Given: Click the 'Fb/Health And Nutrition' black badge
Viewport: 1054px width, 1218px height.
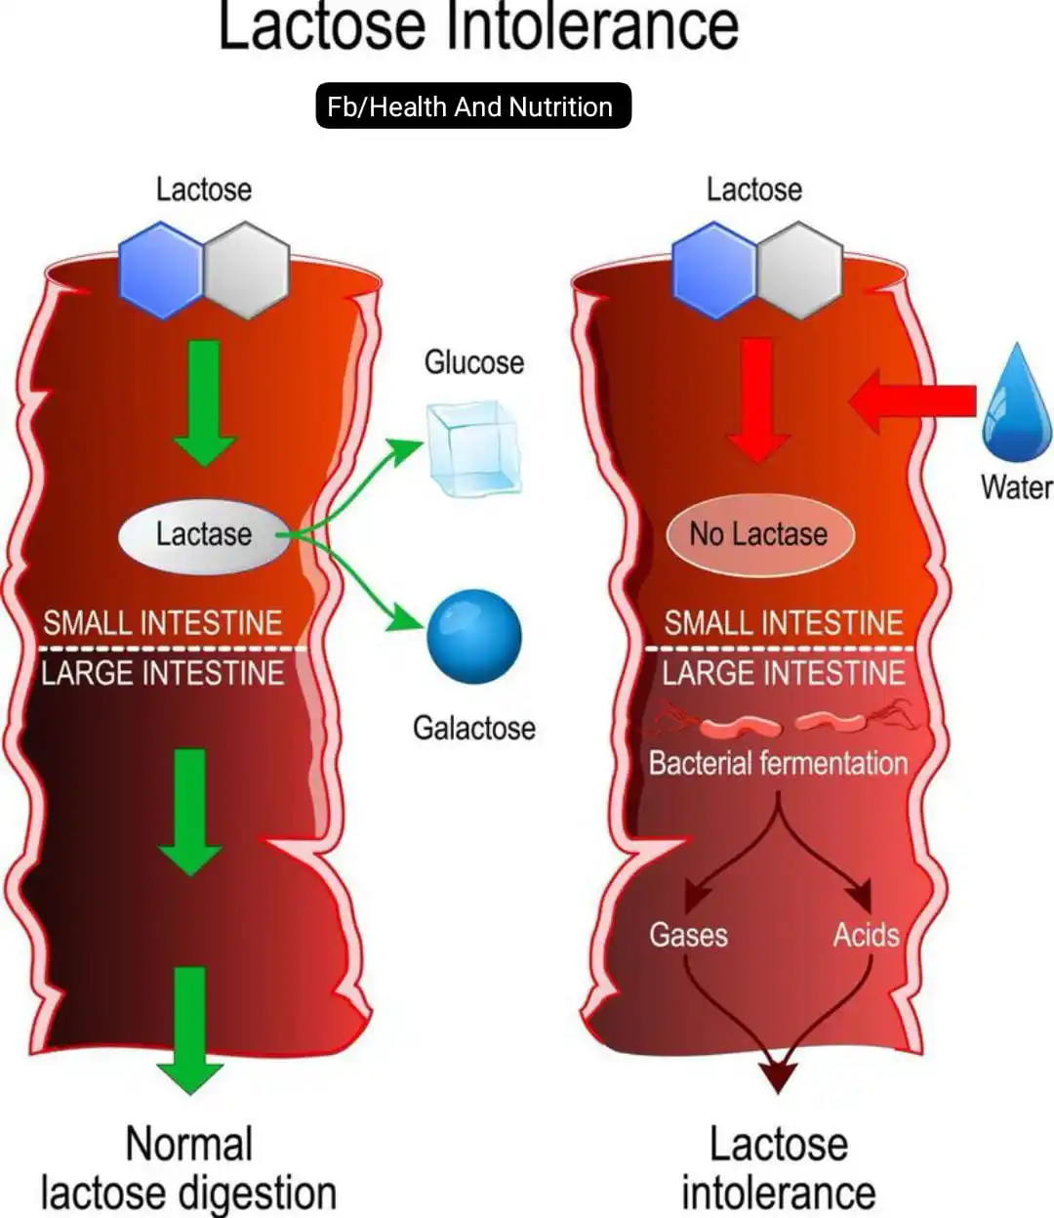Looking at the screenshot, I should (x=473, y=105).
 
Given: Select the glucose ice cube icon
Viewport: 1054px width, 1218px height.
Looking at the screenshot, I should (x=474, y=448).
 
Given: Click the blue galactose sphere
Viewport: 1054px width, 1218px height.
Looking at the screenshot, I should (x=474, y=636).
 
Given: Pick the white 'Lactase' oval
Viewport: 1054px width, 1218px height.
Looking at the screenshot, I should (x=204, y=534).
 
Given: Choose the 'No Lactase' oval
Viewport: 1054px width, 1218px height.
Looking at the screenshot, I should (x=758, y=534).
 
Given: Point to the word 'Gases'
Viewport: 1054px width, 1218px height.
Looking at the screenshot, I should (x=688, y=935).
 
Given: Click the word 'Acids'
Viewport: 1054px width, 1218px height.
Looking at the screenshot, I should (x=866, y=935).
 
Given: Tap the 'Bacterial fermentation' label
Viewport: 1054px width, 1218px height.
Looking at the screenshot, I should (x=778, y=763).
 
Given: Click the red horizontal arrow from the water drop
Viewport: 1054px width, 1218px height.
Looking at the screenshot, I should (x=912, y=399).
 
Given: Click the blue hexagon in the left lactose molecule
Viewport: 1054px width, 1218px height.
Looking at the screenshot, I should (x=161, y=271).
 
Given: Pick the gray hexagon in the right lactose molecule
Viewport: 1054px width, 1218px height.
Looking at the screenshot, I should (x=800, y=271).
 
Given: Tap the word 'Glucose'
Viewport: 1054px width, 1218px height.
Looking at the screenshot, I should (x=473, y=362).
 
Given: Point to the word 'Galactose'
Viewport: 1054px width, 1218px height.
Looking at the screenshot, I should (x=473, y=728).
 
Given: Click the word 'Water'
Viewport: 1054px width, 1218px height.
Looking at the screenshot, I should (x=1016, y=486).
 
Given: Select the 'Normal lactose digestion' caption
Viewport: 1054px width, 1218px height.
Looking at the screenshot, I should (x=189, y=1169).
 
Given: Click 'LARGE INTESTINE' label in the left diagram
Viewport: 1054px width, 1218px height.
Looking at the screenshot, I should (x=162, y=673).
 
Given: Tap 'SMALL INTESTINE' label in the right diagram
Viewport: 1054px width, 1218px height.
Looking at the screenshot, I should (x=784, y=623).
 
